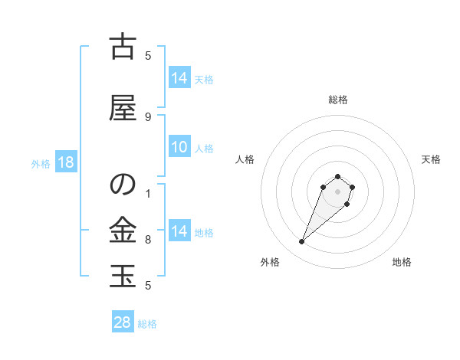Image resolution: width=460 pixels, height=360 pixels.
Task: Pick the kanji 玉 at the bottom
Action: tap(122, 276)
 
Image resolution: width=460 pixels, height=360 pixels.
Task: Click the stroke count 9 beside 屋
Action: tap(148, 116)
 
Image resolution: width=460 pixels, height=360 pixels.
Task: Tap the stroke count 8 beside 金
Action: tap(148, 240)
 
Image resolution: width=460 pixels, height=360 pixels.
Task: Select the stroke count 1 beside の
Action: tap(148, 193)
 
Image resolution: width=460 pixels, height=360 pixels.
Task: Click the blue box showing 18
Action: tap(65, 163)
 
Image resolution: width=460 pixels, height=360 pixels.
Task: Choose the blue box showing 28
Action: tap(123, 322)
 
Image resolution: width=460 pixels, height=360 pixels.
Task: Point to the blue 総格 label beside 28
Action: tap(147, 324)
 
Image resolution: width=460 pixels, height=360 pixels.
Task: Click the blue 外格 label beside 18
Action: tap(40, 164)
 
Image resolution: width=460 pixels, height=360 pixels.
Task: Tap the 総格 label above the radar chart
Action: tap(338, 100)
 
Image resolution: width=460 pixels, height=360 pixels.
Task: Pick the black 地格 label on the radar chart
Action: tap(402, 262)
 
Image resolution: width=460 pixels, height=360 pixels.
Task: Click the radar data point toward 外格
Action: tap(302, 242)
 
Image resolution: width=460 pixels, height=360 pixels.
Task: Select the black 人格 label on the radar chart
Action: tap(245, 159)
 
